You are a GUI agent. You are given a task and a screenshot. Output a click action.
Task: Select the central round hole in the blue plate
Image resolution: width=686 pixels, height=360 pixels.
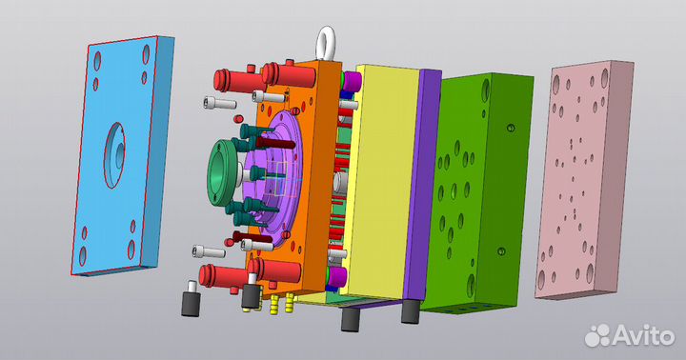(x=114, y=155)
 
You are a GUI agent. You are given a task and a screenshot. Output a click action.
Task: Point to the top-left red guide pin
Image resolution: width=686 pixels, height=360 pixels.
(x=232, y=81)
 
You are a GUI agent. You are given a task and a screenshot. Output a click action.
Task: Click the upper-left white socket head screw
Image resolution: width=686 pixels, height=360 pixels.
(x=220, y=103)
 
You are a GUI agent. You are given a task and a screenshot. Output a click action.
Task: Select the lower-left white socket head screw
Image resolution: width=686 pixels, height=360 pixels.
(x=209, y=251)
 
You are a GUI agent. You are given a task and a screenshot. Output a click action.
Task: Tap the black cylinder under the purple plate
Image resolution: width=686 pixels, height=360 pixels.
(x=411, y=311)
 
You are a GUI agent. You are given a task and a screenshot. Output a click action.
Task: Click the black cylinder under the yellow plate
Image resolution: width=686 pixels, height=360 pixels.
(x=350, y=319)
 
